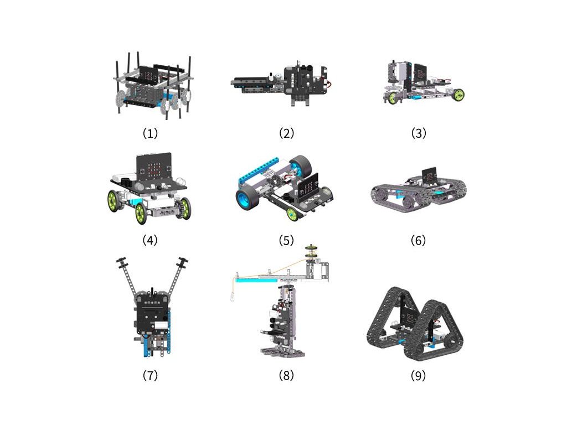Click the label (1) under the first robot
(151, 133)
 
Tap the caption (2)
(286, 133)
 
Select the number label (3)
(419, 133)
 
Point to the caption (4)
(150, 240)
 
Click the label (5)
(286, 240)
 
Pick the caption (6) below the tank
(419, 240)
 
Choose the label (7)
(151, 375)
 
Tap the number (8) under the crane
(286, 375)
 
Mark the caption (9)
(419, 376)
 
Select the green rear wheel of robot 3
(458, 95)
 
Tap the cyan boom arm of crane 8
(257, 279)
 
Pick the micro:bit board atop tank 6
(429, 175)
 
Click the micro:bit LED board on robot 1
(149, 75)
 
